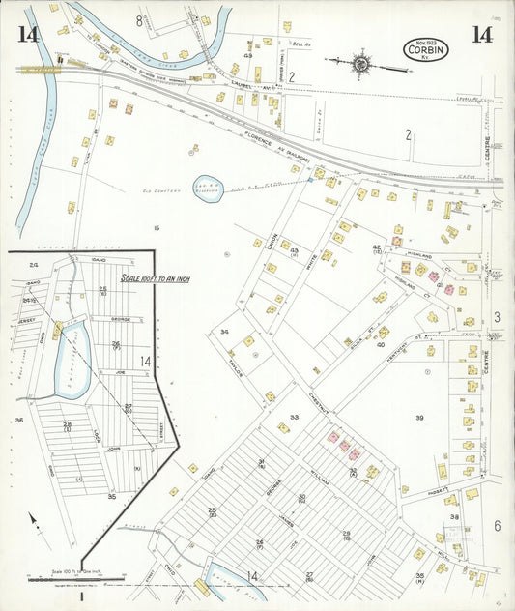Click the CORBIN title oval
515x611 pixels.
point(425,50)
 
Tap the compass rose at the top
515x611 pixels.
point(360,63)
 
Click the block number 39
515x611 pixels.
point(419,417)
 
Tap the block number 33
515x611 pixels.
point(294,418)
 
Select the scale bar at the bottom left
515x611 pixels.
point(77,580)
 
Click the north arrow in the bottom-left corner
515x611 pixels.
point(36,522)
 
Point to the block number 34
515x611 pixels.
point(224,332)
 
